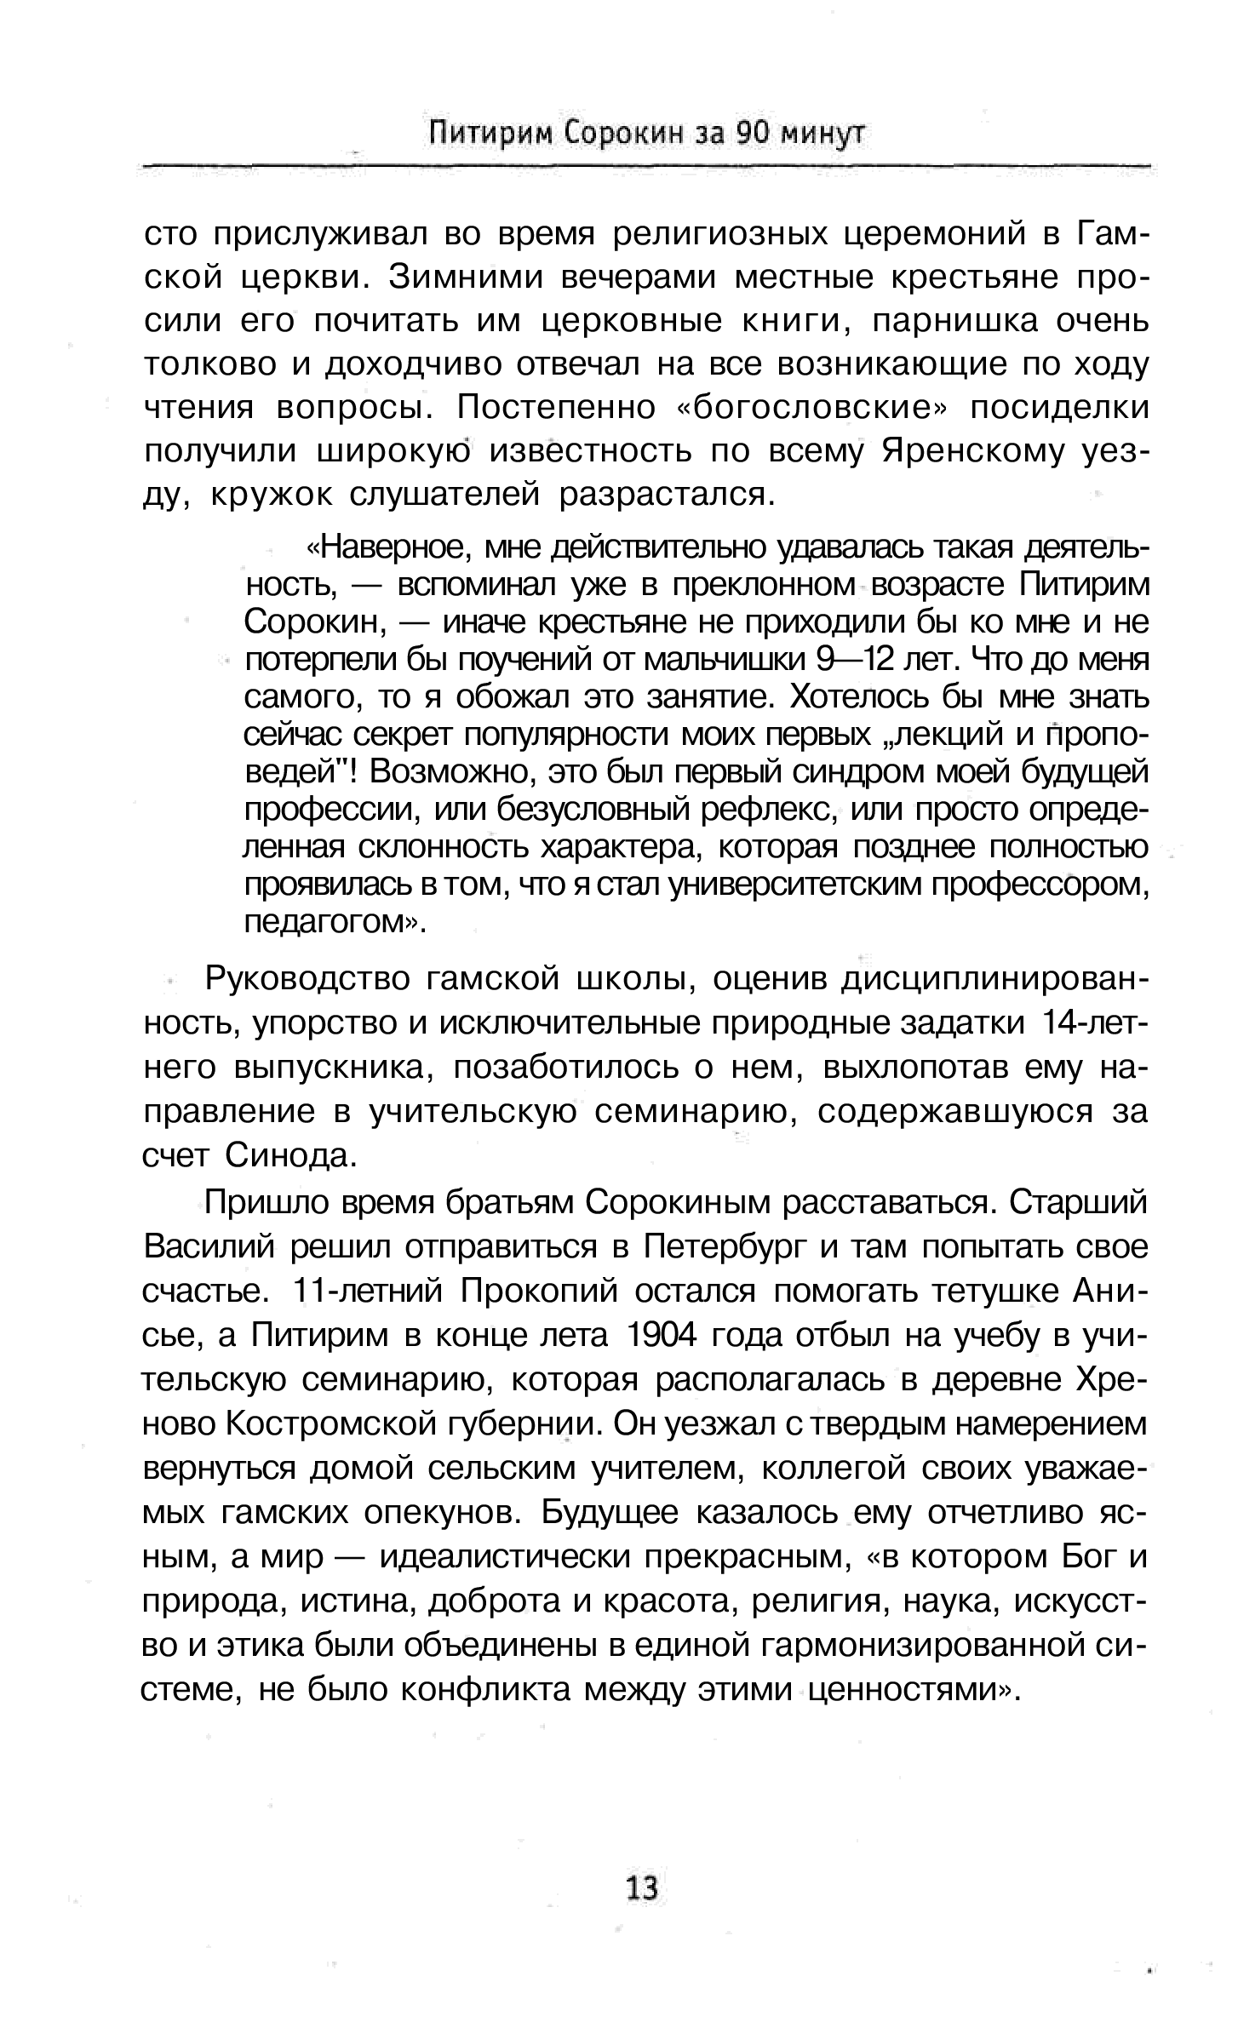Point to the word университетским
point(795,885)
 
